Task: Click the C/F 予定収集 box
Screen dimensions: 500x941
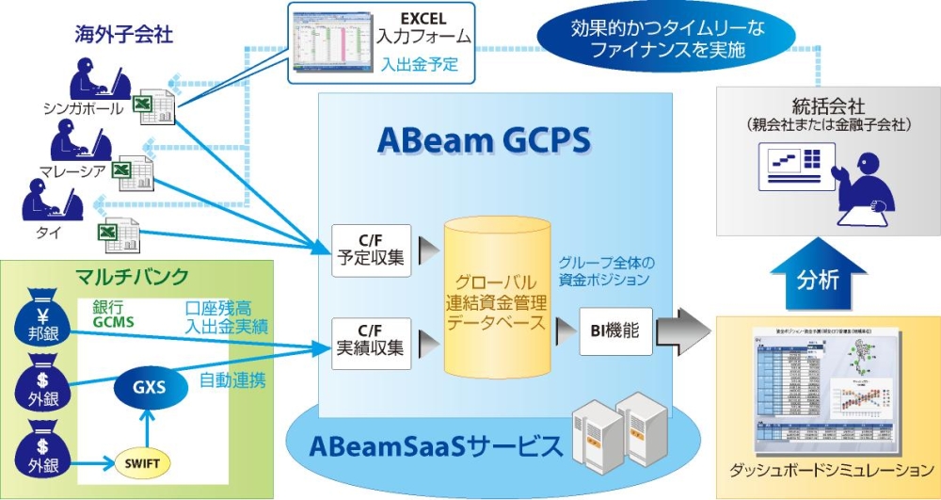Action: pos(372,251)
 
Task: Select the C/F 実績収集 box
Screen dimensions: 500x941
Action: pos(372,339)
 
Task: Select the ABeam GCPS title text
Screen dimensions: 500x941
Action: pos(484,140)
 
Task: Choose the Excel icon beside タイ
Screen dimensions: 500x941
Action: pos(118,234)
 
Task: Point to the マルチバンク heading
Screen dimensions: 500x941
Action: pos(132,277)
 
